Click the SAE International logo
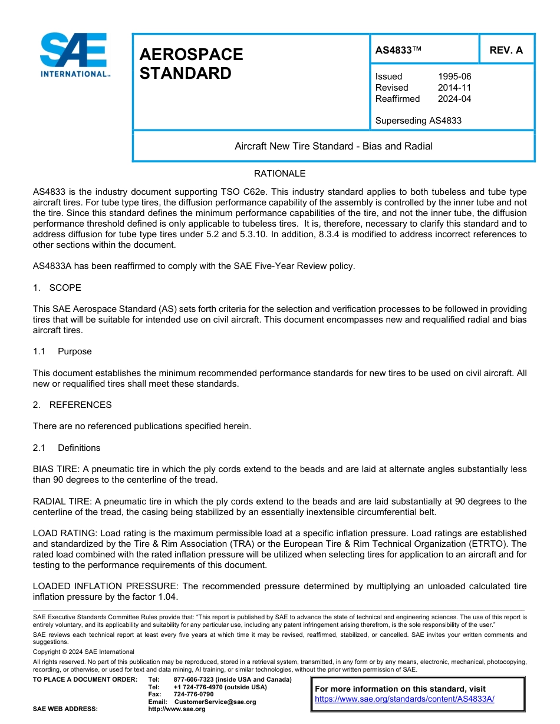(74, 55)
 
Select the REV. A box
(506, 50)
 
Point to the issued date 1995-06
(454, 77)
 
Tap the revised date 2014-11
(454, 88)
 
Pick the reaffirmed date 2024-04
(454, 99)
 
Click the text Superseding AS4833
(418, 121)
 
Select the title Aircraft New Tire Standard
(333, 146)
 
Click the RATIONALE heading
(279, 174)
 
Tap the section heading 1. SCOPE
(57, 288)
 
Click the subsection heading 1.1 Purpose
(62, 351)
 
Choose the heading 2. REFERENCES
(73, 405)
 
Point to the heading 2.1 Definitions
(67, 448)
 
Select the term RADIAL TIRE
(61, 502)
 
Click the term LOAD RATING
(61, 533)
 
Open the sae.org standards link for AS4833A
(404, 699)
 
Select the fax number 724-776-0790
(193, 695)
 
